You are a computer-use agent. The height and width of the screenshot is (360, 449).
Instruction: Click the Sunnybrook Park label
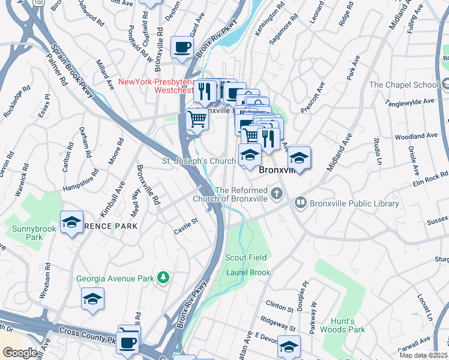[25, 233]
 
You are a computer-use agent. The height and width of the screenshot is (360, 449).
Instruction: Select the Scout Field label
[246, 257]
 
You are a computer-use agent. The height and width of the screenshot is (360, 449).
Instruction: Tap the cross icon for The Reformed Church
[276, 193]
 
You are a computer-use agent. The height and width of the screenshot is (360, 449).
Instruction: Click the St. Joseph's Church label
[199, 161]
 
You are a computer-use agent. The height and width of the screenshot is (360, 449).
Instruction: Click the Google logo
[20, 353]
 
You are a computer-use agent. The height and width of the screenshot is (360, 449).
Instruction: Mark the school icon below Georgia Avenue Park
[92, 299]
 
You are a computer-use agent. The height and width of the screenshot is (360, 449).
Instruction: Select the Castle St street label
[185, 226]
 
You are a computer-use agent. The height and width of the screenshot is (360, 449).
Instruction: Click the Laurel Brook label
[245, 272]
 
